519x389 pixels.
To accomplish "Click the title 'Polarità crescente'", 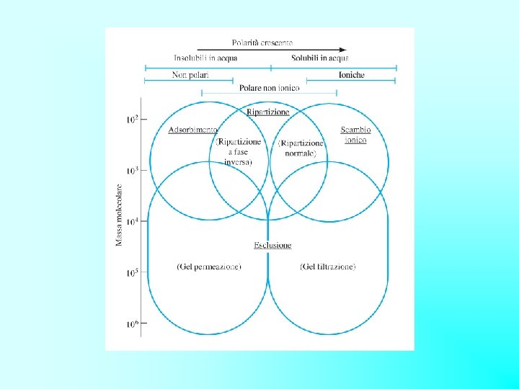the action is click(x=262, y=43).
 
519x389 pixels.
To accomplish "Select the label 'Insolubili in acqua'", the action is click(x=205, y=58).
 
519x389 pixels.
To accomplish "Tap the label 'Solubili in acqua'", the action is click(x=320, y=58).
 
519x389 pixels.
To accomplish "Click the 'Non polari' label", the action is click(x=190, y=75).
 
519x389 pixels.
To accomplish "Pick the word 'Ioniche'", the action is click(x=351, y=75).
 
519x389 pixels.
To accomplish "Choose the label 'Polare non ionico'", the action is click(x=269, y=88).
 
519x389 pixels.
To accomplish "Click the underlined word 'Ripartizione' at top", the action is click(x=268, y=112).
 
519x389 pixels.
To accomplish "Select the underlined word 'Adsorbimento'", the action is click(x=192, y=130).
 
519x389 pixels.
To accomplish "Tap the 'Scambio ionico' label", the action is click(x=355, y=135).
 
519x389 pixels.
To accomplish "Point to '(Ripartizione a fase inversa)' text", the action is click(x=238, y=152).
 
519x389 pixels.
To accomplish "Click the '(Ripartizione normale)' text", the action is click(x=301, y=148).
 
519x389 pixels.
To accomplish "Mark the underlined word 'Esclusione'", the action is click(x=272, y=246).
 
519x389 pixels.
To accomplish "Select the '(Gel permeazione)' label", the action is click(x=209, y=267).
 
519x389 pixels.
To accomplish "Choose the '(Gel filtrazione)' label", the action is click(x=327, y=267).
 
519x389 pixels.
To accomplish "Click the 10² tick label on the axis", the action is click(x=132, y=119).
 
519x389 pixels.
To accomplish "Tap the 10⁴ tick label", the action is click(x=132, y=222).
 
